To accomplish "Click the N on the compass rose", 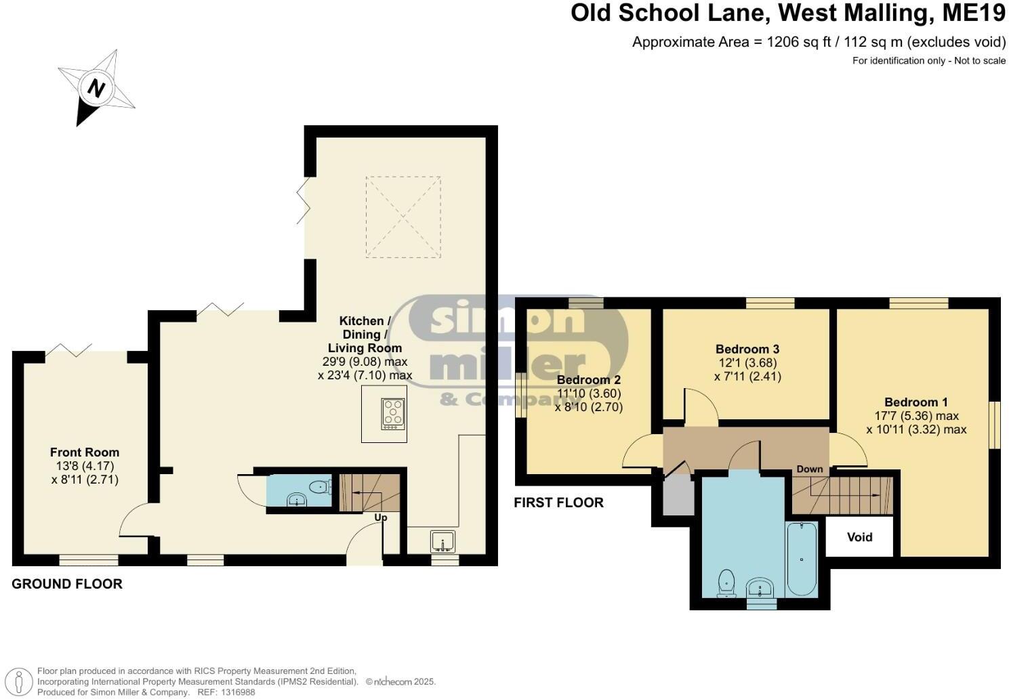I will [x=97, y=88].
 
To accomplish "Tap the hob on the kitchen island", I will [x=393, y=413].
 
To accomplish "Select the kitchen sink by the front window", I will [x=442, y=542].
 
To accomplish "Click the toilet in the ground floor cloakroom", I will [x=319, y=486].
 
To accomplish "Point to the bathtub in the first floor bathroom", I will [x=802, y=559].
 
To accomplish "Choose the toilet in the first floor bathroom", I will [x=726, y=583].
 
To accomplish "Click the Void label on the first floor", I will [x=859, y=537].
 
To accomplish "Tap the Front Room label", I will [x=85, y=452].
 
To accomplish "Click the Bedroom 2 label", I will [x=588, y=380].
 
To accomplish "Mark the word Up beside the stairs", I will [x=381, y=517].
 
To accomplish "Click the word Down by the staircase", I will [x=810, y=469].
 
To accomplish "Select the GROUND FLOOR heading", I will [x=67, y=584].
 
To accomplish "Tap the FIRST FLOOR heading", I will [x=558, y=503].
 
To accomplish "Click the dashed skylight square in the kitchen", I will [x=403, y=217].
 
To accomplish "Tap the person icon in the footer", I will [x=22, y=681].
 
